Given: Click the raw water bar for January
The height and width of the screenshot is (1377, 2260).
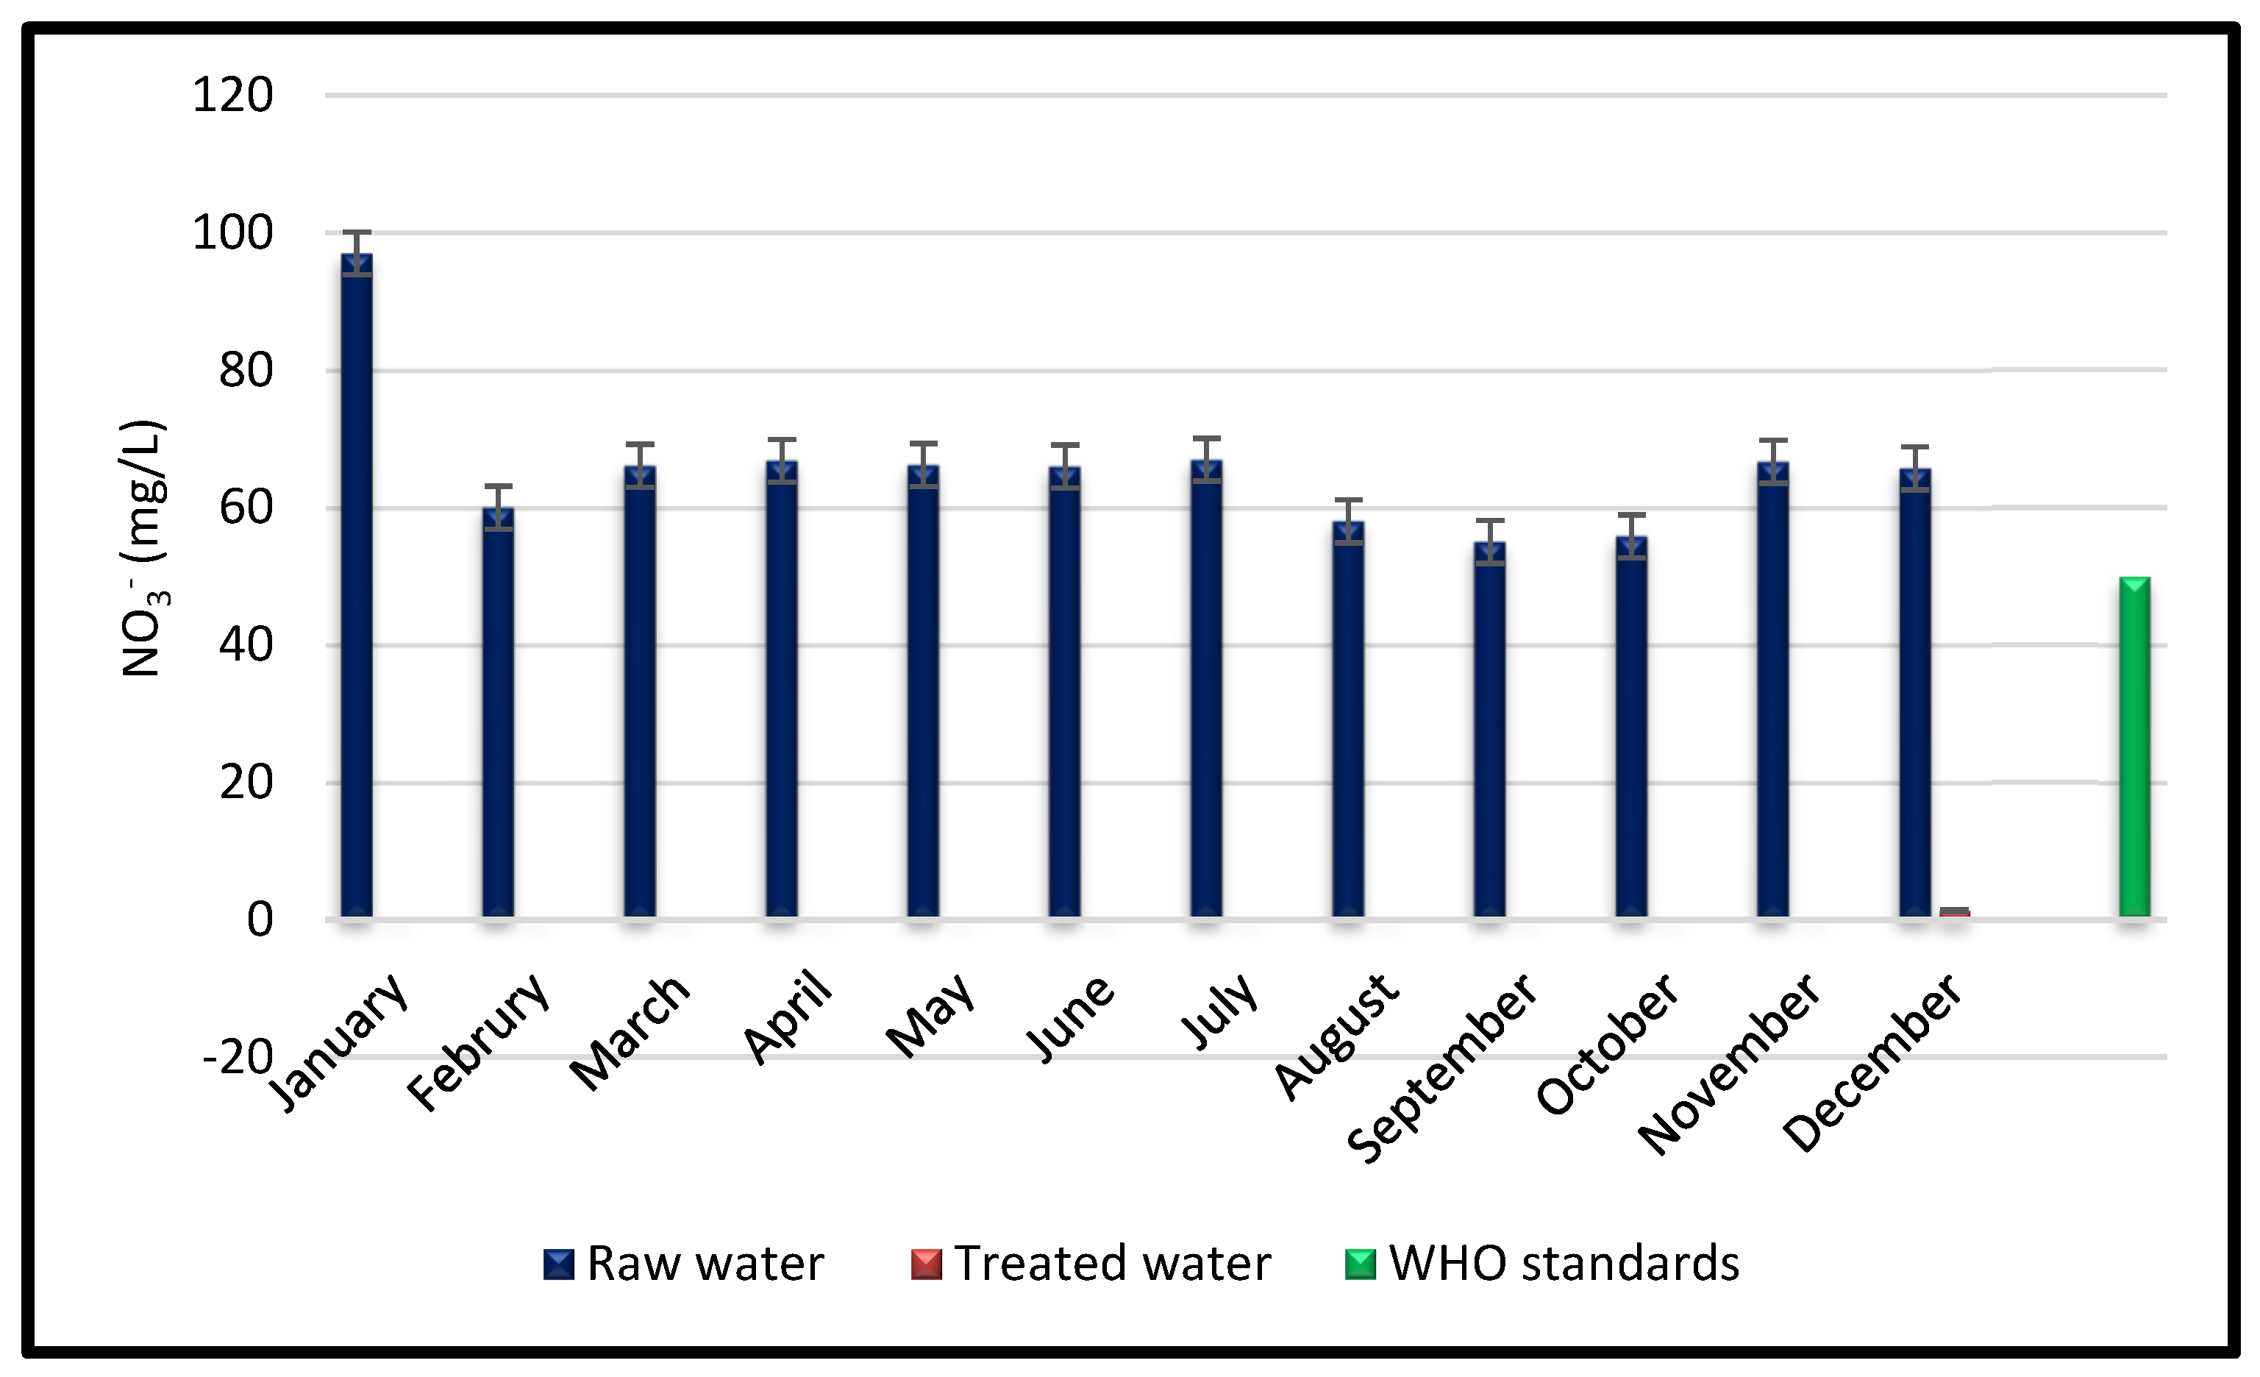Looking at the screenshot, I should pos(357,587).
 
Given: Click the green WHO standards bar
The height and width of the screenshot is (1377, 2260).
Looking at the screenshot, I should pos(2134,747).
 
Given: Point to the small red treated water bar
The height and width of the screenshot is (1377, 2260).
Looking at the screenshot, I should pos(1955,912).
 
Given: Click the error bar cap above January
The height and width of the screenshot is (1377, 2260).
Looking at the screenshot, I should pos(357,232).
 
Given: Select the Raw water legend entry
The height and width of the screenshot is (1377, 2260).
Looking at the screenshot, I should pos(683,1263).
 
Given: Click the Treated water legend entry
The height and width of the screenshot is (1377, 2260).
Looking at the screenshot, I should pos(1091,1263).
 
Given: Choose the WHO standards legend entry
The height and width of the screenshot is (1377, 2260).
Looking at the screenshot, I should pos(1541,1263).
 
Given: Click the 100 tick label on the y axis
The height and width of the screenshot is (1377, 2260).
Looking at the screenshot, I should pos(232,232).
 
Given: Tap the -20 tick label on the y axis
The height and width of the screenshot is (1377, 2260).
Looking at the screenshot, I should pos(238,1057).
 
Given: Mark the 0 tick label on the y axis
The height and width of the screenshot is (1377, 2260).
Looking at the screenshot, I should pos(260,919).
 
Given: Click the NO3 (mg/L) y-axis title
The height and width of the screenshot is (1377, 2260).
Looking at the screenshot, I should pos(143,549).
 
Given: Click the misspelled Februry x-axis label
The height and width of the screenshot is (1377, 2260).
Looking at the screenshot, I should pos(478,1042).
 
